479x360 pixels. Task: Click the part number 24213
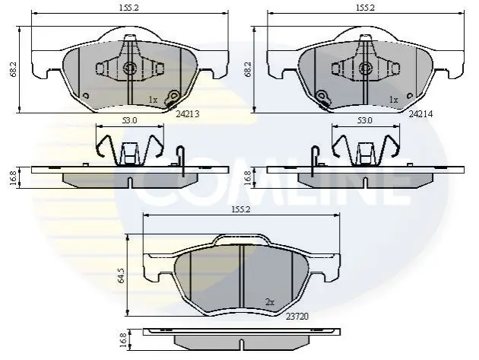[x=188, y=114]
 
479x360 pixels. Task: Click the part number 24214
[x=421, y=114]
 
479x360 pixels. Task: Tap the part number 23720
[x=297, y=317]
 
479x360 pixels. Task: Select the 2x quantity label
[x=270, y=302]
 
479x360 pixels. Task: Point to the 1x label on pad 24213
[x=153, y=100]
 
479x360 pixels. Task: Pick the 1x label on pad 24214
[x=394, y=100]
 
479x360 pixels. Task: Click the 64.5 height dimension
[x=121, y=276]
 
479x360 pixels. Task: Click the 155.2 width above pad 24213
[x=128, y=8]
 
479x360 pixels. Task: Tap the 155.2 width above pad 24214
[x=365, y=8]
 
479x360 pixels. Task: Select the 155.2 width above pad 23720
[x=241, y=209]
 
